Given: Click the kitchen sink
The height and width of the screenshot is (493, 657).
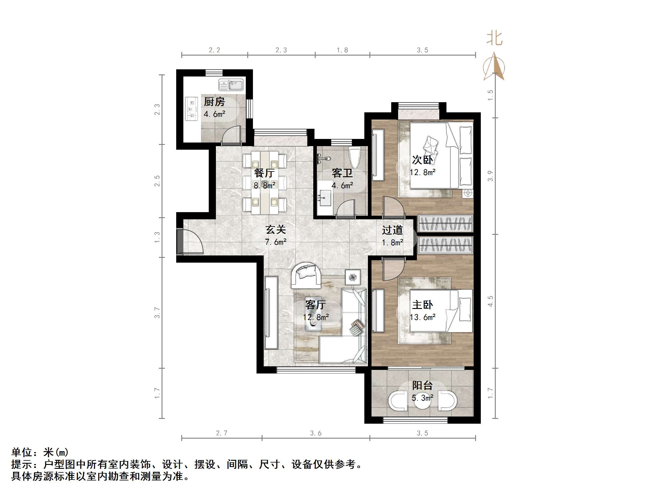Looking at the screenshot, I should (231, 85).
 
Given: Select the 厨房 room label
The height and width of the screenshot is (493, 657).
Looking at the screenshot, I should (214, 102).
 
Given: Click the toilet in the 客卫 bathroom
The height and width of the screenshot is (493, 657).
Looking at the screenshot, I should (355, 158).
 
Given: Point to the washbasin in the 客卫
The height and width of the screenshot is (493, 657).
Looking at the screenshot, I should (324, 197).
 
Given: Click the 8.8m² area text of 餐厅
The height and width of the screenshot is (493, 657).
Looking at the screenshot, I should (264, 186).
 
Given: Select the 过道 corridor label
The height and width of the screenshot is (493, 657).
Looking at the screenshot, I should (392, 230).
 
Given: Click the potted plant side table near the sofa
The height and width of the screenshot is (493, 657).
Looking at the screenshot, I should (353, 277).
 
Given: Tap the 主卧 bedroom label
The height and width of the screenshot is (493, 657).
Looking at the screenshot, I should (422, 305).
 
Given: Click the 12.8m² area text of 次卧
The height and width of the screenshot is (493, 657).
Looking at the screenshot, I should (422, 172).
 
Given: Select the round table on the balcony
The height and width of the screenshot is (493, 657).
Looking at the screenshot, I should (423, 402).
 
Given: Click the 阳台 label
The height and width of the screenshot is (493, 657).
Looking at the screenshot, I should (422, 385).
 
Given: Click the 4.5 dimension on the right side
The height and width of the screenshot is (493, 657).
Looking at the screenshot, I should (490, 301).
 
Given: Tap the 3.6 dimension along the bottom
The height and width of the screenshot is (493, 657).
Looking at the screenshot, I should (316, 433).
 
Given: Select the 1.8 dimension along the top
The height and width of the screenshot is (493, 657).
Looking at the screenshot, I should (342, 50).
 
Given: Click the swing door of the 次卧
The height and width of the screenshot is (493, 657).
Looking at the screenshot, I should (393, 207).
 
